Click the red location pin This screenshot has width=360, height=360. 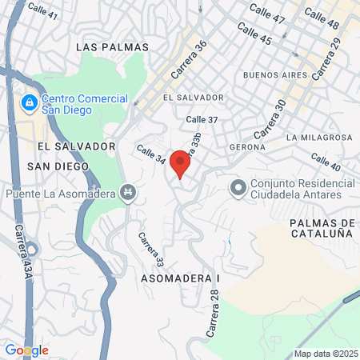click(x=181, y=163)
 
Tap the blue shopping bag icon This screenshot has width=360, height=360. click(x=29, y=103)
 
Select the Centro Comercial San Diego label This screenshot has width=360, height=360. click(x=86, y=103)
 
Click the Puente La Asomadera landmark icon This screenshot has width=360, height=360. click(x=127, y=192)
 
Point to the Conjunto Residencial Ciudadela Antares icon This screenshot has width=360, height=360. click(x=237, y=188)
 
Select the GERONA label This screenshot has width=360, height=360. click(x=246, y=147)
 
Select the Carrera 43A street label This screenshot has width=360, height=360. click(x=22, y=249)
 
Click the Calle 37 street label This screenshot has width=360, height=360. click(x=202, y=119)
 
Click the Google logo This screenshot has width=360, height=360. click(x=26, y=350)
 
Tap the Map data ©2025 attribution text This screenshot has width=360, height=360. click(x=324, y=353)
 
